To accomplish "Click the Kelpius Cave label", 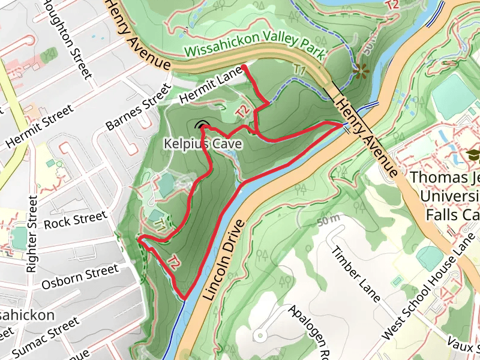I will tap(203, 144).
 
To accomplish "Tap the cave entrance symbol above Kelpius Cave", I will tap(202, 125).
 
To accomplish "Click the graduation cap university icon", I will tap(473, 155).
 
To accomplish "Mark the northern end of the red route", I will tap(243, 66).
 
